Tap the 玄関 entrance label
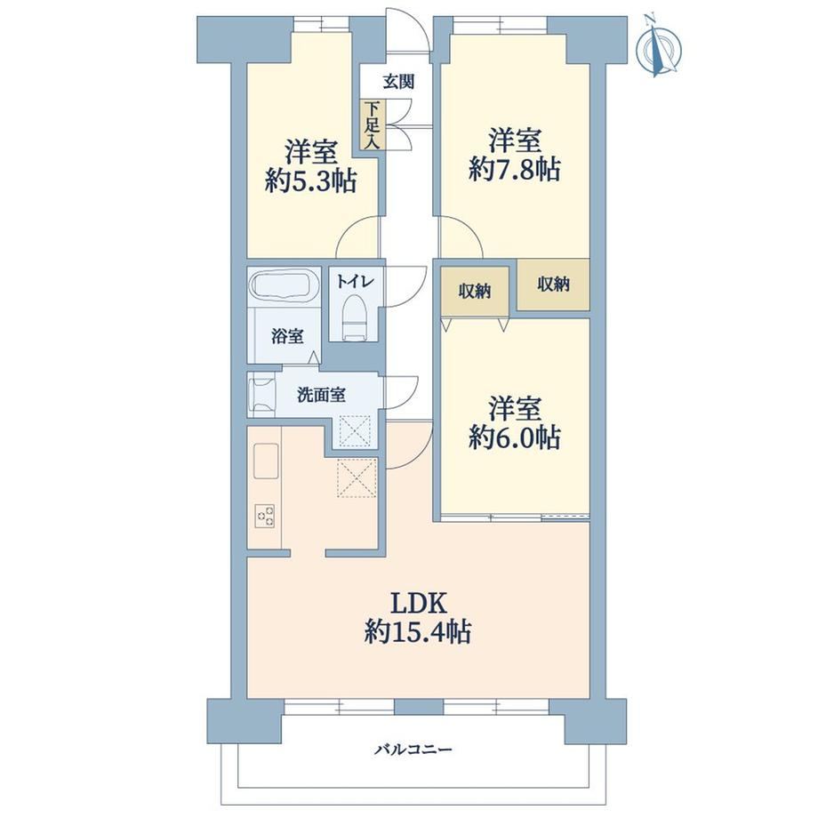[x=399, y=82]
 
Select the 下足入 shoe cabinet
[x=373, y=125]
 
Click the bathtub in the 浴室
[x=285, y=286]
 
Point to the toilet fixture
[x=355, y=318]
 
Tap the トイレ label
[x=356, y=282]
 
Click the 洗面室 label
[x=321, y=395]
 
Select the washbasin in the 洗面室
[x=263, y=395]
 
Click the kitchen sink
[x=266, y=461]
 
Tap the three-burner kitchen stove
[x=265, y=516]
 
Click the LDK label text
[x=419, y=604]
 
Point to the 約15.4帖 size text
[x=418, y=632]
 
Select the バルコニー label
[x=413, y=750]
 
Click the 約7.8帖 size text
[x=515, y=170]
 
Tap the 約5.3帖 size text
[x=311, y=180]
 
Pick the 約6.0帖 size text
[x=515, y=437]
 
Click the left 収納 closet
[x=475, y=291]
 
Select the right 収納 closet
[x=554, y=285]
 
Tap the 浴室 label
[x=287, y=336]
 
